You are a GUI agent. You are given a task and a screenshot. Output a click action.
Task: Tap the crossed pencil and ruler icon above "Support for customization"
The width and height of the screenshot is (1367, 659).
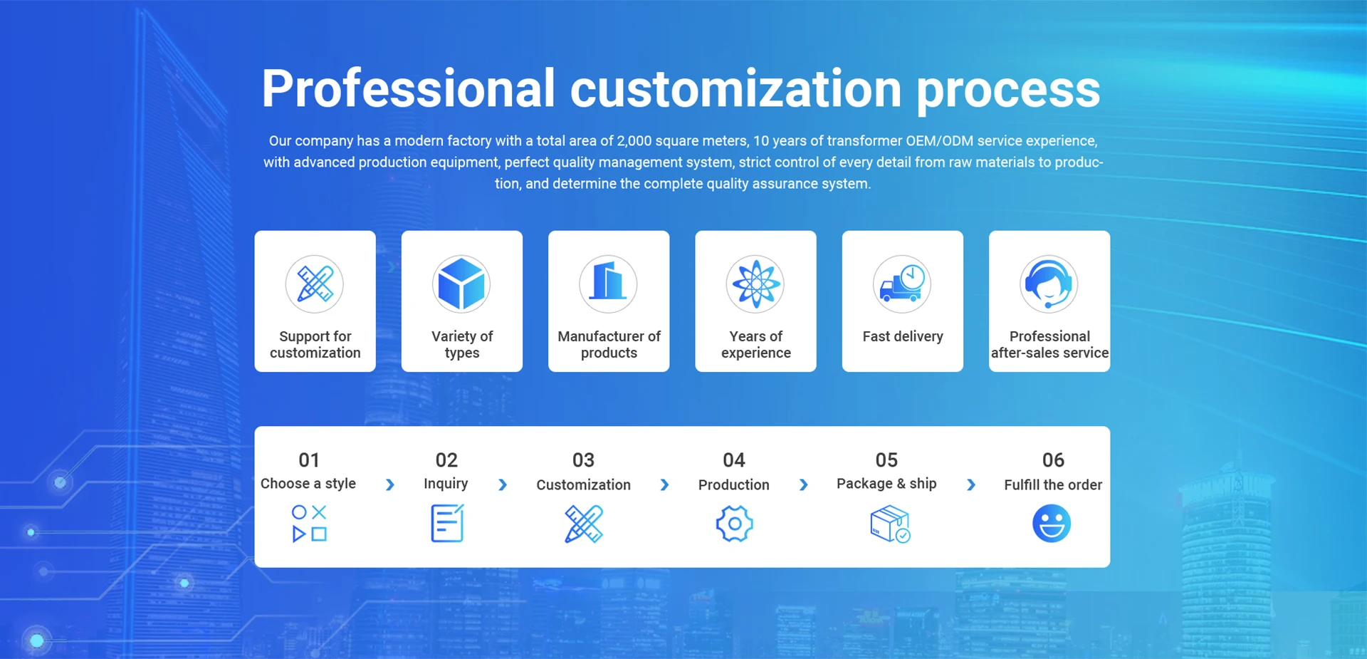click(315, 284)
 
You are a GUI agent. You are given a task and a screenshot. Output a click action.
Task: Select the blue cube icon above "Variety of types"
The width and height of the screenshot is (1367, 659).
click(461, 284)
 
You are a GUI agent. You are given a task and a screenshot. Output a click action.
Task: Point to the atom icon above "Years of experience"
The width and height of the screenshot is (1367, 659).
click(755, 284)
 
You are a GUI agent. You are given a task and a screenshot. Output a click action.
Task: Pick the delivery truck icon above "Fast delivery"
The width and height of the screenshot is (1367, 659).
click(902, 284)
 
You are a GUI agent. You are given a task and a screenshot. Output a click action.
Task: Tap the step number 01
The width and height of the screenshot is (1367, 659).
click(309, 460)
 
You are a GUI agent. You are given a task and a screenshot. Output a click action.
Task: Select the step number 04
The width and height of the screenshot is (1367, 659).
click(734, 460)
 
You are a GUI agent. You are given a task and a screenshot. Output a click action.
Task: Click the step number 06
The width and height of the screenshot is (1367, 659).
click(1053, 460)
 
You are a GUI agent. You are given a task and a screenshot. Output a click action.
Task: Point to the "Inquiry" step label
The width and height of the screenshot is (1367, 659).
click(446, 484)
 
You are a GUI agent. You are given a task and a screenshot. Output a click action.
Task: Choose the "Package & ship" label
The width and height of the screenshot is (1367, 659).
click(886, 484)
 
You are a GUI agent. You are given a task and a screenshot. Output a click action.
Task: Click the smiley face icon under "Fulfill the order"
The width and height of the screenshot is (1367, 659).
click(1052, 524)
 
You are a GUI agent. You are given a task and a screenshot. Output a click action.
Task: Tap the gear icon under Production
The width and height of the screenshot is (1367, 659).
click(734, 524)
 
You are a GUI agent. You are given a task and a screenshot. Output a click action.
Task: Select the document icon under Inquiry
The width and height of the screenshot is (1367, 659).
click(447, 523)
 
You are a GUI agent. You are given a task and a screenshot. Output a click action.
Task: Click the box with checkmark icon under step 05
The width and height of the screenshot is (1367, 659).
click(890, 524)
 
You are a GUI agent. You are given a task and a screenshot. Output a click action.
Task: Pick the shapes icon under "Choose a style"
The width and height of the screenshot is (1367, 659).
click(309, 524)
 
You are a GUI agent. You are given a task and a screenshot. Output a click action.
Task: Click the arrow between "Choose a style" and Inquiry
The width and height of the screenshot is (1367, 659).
click(389, 484)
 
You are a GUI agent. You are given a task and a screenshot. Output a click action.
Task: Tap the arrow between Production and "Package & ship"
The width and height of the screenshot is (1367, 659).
click(803, 484)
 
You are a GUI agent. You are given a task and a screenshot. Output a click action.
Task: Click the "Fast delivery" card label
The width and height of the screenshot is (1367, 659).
click(903, 336)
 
